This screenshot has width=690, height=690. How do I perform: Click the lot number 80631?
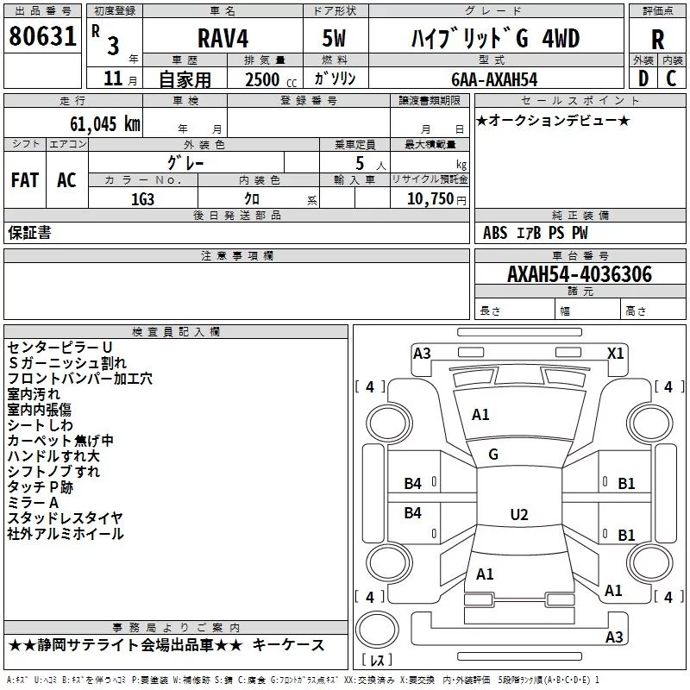[x=42, y=38]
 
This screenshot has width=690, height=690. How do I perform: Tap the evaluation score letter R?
[x=658, y=40]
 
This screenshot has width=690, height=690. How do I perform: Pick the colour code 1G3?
[x=142, y=198]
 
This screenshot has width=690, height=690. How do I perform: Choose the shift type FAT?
[x=24, y=180]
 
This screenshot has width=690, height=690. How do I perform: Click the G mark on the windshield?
[x=493, y=455]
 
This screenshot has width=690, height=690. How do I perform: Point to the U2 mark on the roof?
[x=518, y=515]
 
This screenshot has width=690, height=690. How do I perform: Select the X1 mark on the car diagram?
[x=616, y=353]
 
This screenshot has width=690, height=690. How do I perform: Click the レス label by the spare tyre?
[x=377, y=661]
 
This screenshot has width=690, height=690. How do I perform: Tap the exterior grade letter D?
[x=642, y=78]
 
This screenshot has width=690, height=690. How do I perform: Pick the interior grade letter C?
[x=671, y=78]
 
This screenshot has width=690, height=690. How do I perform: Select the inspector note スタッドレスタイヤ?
[x=66, y=517]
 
